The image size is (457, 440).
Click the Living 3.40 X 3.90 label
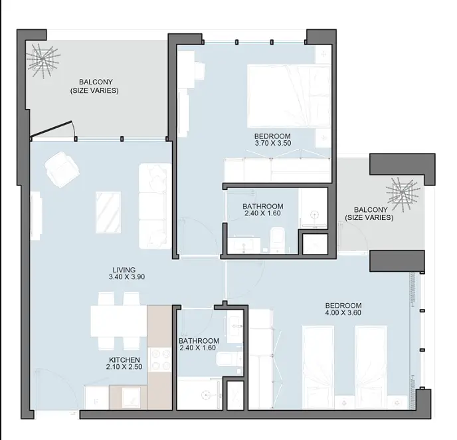[126, 273]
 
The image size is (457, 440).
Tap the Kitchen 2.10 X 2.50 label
[124, 364]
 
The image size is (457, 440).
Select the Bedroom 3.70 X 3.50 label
[272, 140]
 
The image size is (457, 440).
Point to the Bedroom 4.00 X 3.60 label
[343, 309]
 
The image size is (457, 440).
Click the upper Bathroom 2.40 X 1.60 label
[262, 209]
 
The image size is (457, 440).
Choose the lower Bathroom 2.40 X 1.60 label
[199, 344]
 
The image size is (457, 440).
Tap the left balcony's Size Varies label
[94, 90]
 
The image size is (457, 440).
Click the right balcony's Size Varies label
[369, 217]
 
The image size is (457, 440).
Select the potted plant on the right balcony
[403, 193]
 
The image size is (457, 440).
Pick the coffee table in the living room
[108, 212]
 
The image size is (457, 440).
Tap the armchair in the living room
[62, 169]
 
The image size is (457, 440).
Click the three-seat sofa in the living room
[155, 206]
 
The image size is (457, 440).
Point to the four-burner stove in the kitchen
[159, 360]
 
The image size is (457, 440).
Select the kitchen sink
[129, 397]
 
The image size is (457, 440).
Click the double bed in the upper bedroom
[288, 96]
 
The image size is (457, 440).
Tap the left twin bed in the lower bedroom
[318, 367]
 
